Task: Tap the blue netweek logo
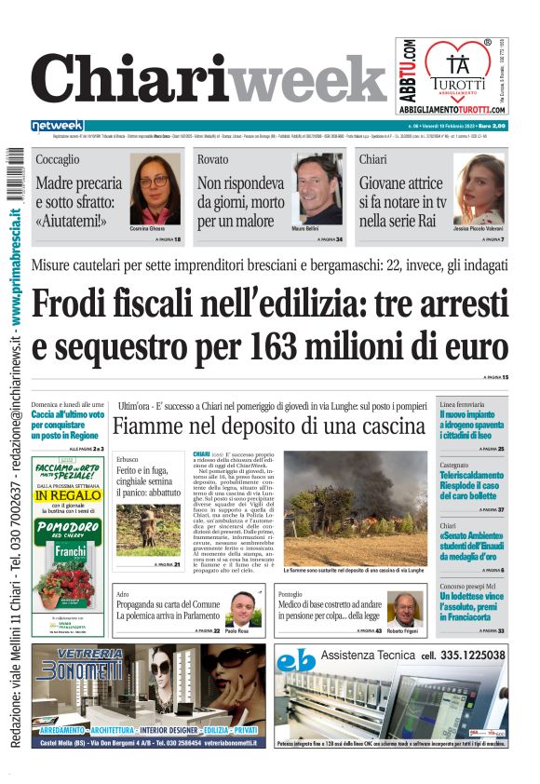[58, 126]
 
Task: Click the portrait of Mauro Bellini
[318, 189]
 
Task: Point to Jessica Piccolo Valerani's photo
[479, 189]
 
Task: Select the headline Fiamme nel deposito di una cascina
[268, 427]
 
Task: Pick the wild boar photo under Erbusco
[148, 528]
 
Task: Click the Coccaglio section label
[58, 160]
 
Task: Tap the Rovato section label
[212, 160]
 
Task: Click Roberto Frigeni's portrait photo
[402, 611]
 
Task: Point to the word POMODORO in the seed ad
[67, 527]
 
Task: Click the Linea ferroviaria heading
[462, 405]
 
